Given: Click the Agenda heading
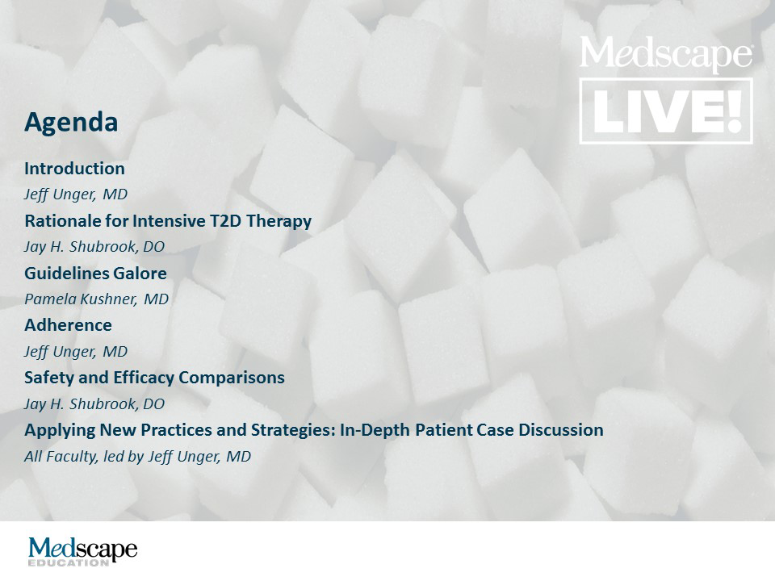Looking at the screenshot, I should [71, 122].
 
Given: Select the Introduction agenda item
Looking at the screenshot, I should [74, 169].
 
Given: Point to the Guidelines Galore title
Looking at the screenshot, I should [95, 273].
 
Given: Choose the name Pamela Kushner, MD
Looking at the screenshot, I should [96, 299].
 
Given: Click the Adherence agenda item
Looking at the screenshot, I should [68, 325].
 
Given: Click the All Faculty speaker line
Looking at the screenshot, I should [137, 457].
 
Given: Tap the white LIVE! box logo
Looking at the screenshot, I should [666, 111].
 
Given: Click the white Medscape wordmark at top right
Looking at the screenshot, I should [666, 54].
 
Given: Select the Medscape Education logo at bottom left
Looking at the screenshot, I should [82, 551].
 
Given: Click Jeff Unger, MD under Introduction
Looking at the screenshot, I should [76, 194].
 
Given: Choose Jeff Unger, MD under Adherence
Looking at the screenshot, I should [76, 352].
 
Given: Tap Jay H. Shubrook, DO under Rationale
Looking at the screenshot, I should [94, 247].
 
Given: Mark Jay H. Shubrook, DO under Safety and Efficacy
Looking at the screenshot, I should [94, 404].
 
